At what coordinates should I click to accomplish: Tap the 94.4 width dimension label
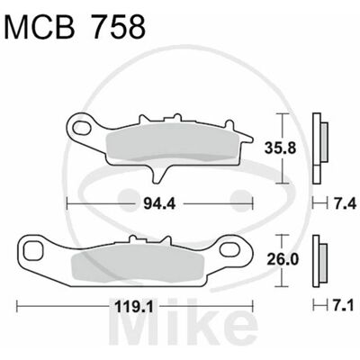[x=159, y=204]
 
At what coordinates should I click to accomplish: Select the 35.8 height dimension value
[x=281, y=148]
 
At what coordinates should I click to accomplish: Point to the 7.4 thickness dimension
[x=345, y=204]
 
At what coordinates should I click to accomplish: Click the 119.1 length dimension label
[x=134, y=306]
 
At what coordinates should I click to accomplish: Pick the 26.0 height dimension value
[x=283, y=259]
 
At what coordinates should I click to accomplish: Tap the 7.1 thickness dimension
[x=345, y=306]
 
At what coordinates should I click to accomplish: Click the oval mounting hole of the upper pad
[x=83, y=127]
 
